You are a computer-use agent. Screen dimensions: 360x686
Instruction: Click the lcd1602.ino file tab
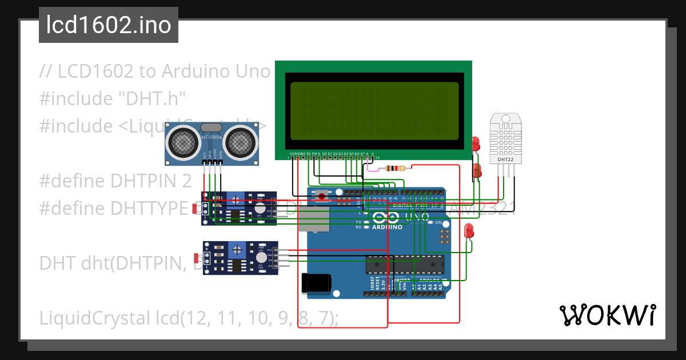tap(108, 25)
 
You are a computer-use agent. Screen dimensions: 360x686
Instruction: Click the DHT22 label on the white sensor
tap(505, 159)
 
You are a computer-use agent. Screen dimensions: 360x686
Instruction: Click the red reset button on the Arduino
tap(322, 197)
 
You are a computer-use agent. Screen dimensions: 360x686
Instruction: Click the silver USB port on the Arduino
tap(313, 219)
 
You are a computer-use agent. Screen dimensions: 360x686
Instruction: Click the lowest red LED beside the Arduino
tap(469, 231)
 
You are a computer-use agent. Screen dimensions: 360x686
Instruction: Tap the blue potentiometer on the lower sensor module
tap(237, 249)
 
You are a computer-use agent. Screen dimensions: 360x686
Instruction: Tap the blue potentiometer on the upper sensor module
tap(235, 199)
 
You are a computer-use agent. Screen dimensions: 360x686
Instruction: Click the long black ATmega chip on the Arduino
tap(405, 265)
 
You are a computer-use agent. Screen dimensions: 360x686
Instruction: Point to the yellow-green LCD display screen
tap(374, 111)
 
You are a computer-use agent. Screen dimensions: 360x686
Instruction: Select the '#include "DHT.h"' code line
tap(113, 99)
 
